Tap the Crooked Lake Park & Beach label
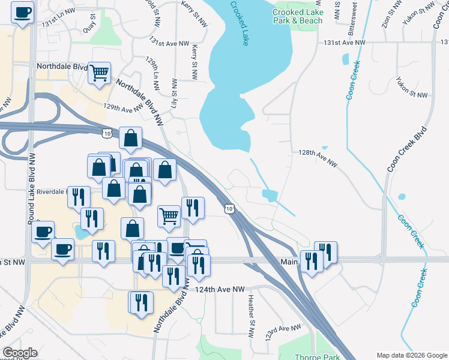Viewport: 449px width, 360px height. (x=297, y=16)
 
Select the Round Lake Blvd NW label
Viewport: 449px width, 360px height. (x=31, y=187)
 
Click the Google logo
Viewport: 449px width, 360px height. (x=19, y=353)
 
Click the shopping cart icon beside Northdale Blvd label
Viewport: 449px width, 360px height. (x=99, y=73)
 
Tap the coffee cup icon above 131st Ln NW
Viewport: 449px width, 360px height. (x=23, y=12)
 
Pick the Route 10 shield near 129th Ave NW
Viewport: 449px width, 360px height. (x=106, y=131)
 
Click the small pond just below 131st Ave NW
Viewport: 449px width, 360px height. (x=345, y=59)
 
